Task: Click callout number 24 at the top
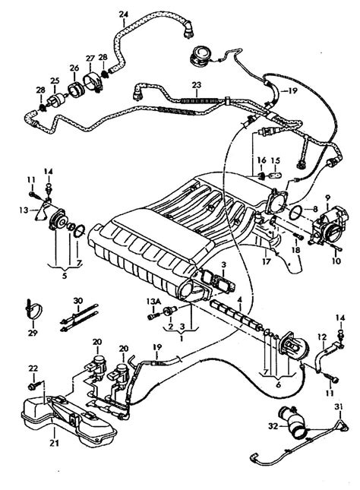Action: [124, 14]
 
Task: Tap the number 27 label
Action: [90, 58]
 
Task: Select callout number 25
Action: [54, 81]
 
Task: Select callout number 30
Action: [77, 302]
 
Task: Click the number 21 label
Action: [33, 442]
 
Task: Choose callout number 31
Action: [338, 409]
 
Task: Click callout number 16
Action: [261, 160]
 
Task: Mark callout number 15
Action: [276, 160]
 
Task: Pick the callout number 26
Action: [74, 67]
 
